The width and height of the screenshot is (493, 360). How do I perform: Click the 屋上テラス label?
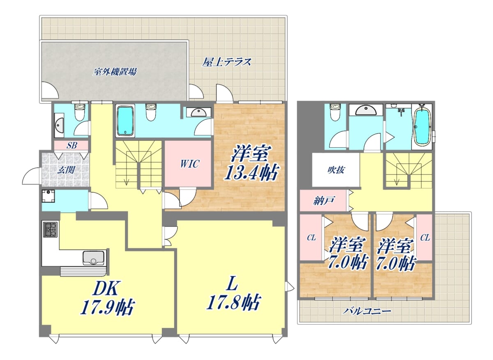click(226, 62)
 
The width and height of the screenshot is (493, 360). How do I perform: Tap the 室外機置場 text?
click(115, 72)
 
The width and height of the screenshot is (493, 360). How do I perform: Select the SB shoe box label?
click(72, 145)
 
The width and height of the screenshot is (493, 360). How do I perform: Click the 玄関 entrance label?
click(66, 170)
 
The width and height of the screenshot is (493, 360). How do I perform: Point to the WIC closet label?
click(190, 164)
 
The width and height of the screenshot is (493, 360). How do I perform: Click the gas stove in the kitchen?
click(51, 229)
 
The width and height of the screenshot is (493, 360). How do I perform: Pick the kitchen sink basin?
click(93, 258)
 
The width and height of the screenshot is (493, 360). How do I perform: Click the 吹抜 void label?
click(336, 170)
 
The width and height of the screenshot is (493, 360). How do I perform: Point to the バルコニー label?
click(366, 311)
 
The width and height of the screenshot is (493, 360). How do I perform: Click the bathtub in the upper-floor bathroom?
click(422, 127)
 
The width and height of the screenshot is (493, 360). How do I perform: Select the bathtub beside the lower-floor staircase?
click(125, 121)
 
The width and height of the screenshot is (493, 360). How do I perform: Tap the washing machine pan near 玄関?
click(48, 196)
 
